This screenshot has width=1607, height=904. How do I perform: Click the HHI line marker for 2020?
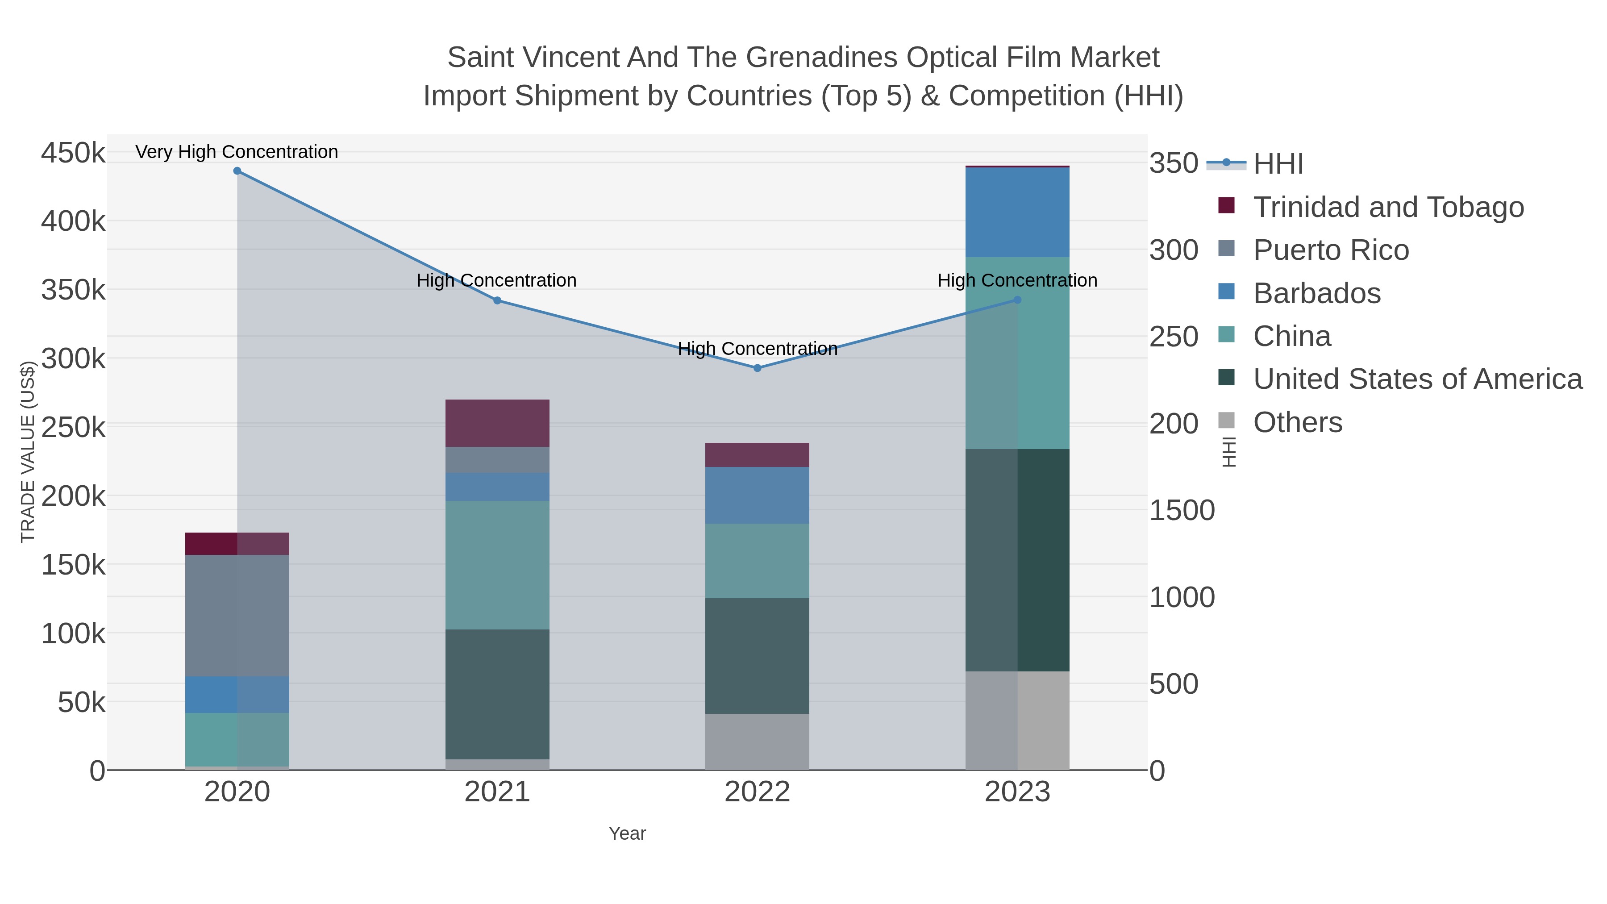(x=237, y=171)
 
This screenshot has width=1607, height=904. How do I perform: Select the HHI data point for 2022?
(x=758, y=368)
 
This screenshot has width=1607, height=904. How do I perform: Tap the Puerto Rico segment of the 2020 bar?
(x=237, y=615)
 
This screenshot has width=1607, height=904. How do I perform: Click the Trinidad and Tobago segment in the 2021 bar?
(x=497, y=423)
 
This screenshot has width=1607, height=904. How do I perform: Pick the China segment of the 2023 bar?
(x=1017, y=353)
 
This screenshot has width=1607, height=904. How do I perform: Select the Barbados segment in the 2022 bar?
(x=758, y=496)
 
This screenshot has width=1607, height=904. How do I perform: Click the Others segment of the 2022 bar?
(x=758, y=741)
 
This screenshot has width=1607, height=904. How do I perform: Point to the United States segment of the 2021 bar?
(x=497, y=694)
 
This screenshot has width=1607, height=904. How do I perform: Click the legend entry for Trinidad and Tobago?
(x=1388, y=207)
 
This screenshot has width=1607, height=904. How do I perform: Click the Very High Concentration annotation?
(x=237, y=152)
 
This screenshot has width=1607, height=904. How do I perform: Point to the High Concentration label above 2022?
(x=758, y=348)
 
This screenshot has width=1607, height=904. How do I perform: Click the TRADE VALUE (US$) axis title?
(x=27, y=452)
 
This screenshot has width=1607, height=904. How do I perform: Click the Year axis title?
(x=627, y=833)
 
